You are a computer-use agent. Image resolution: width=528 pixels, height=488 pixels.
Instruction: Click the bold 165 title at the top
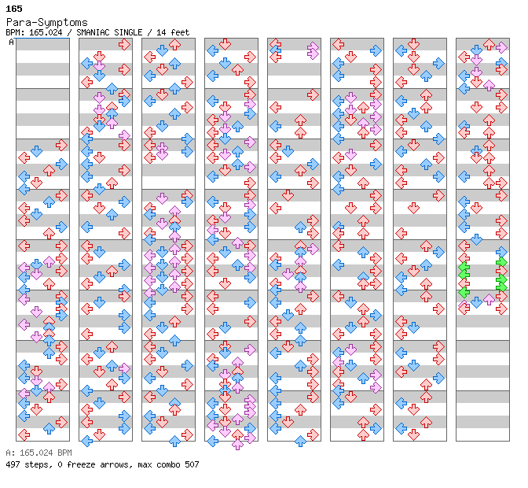13,9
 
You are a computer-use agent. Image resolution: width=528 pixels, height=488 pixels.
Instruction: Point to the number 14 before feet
163,32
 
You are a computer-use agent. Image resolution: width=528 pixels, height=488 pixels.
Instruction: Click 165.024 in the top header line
43,32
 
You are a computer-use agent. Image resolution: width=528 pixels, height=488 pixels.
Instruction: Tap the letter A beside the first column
12,42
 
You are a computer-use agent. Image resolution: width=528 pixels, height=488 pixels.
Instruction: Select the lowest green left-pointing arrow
464,293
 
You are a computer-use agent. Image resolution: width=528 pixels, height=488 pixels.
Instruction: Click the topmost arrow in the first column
61,145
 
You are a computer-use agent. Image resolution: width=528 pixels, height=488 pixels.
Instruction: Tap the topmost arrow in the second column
124,45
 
